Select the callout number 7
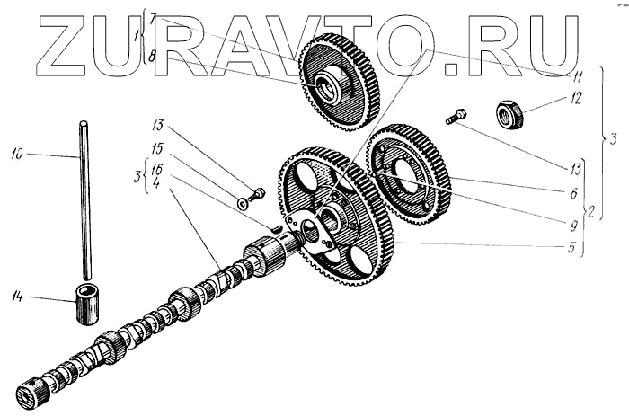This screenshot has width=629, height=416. coord(154,18)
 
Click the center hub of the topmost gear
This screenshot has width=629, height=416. coord(325,86)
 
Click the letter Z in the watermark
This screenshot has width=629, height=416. coord(72,45)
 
